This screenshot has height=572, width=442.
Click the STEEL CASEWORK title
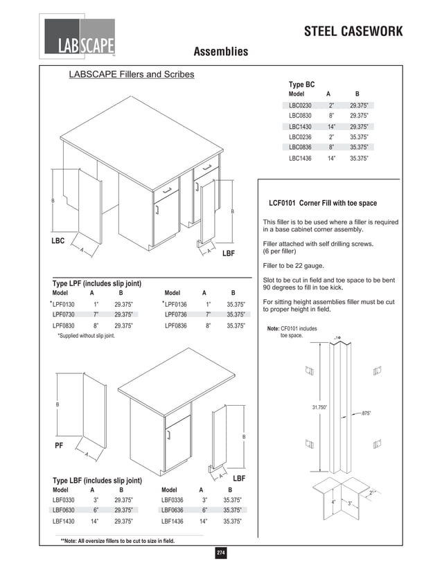point(362,32)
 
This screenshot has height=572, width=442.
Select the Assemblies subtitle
point(220,52)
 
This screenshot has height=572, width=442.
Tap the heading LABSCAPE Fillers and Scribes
point(131,74)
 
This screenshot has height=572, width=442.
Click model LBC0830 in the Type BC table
point(300,116)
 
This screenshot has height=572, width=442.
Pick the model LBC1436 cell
point(300,158)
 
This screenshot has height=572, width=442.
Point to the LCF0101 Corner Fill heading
point(322,203)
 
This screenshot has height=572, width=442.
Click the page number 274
point(221,552)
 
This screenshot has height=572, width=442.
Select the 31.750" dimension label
point(319,407)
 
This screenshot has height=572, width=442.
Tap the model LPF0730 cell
point(64,314)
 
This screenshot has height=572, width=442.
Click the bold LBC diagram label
point(58,240)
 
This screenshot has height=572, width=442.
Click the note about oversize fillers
point(118,541)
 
